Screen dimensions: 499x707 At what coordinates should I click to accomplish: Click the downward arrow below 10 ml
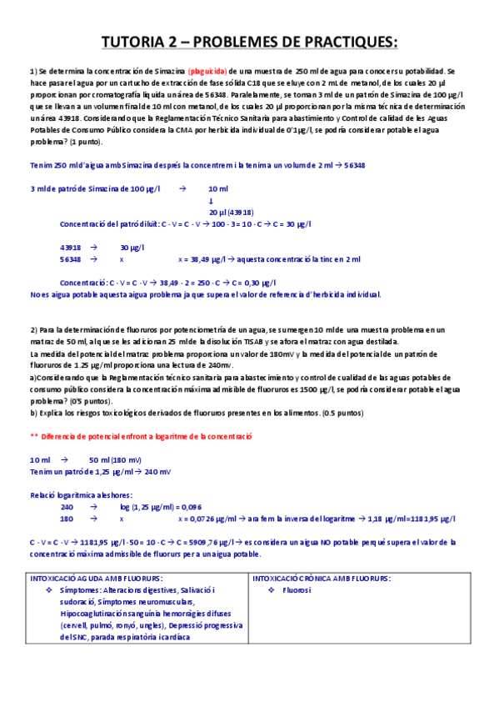click(x=211, y=200)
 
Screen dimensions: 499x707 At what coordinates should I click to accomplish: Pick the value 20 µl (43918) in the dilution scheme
click(x=231, y=212)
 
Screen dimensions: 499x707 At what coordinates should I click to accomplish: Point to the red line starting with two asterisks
click(x=141, y=436)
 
